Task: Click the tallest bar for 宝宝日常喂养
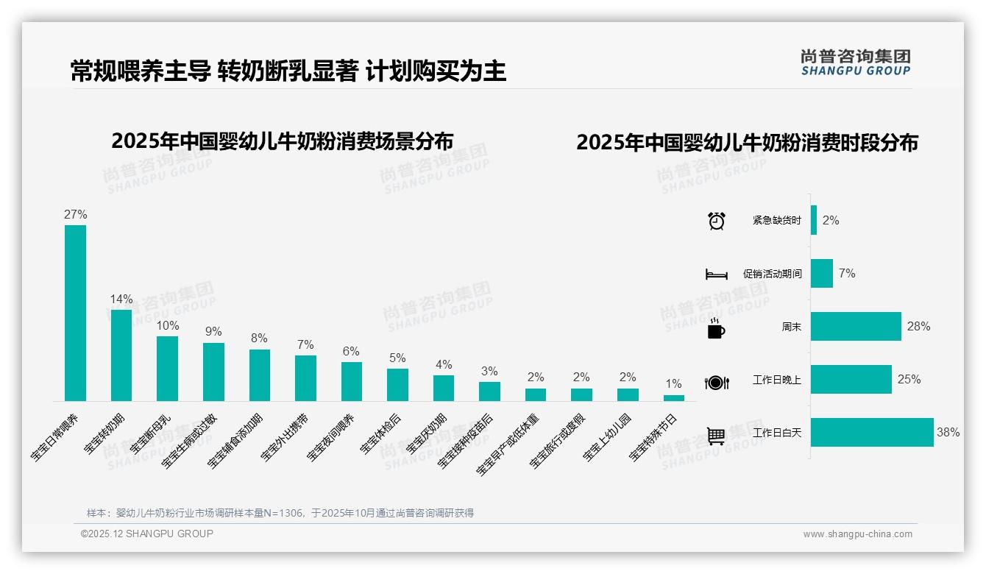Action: click(x=75, y=313)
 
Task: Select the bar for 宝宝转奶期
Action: click(x=121, y=355)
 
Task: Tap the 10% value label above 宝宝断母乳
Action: click(x=168, y=325)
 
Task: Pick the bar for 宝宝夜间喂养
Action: click(x=352, y=381)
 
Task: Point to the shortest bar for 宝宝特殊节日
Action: click(x=673, y=398)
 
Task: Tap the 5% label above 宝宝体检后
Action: click(x=397, y=358)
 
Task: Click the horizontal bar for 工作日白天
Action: click(x=872, y=433)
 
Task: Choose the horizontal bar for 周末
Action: click(x=856, y=327)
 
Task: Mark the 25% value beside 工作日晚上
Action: click(x=909, y=380)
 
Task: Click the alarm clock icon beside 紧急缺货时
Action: click(x=716, y=221)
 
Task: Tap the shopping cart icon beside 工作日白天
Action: click(x=716, y=436)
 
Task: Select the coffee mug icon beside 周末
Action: click(x=716, y=329)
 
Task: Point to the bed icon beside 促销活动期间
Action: click(x=716, y=274)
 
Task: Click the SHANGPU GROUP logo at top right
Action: click(x=855, y=62)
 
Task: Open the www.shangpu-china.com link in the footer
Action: click(x=857, y=534)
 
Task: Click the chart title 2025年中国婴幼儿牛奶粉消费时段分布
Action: click(x=747, y=142)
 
